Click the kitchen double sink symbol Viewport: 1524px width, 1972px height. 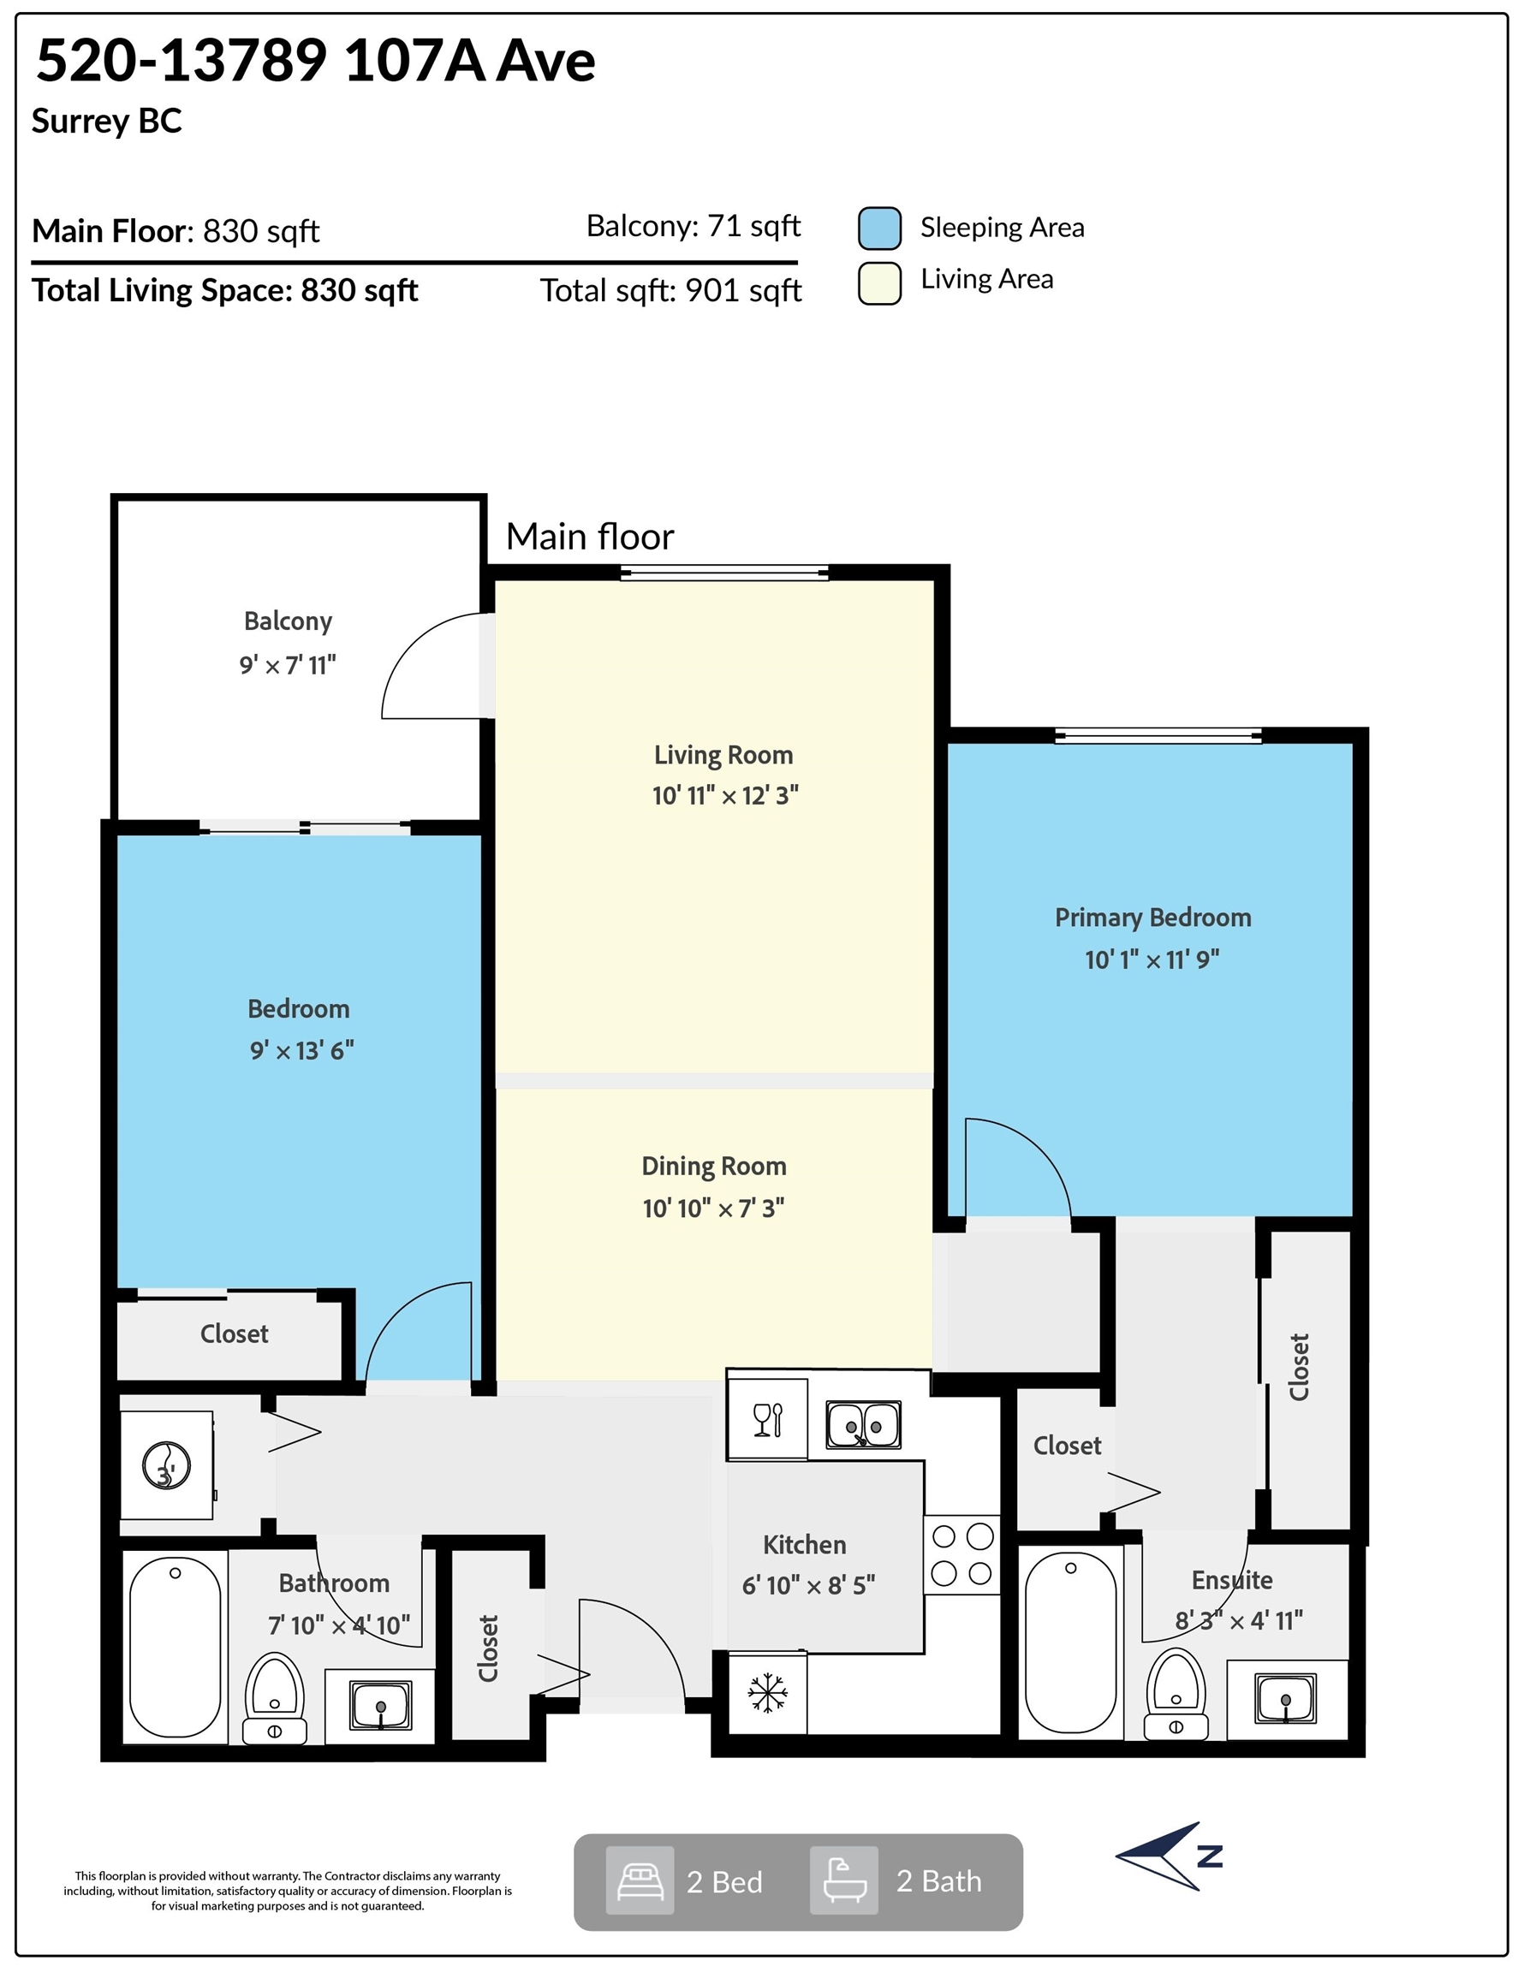864,1425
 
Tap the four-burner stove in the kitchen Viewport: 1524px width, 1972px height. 962,1555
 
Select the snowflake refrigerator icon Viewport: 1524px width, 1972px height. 767,1693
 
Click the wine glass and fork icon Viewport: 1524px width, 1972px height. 768,1420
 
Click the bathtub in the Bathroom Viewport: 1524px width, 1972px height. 176,1646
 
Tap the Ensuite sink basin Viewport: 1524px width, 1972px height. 1285,1697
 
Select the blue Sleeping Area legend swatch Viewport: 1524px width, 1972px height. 879,229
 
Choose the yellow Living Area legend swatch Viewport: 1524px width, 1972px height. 879,283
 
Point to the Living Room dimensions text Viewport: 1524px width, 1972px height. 725,795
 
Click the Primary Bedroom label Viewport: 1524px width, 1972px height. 1152,918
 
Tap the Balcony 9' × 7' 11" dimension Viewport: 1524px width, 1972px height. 288,665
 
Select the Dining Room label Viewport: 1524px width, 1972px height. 714,1167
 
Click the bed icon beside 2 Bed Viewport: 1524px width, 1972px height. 640,1882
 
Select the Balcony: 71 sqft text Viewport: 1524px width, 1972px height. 693,226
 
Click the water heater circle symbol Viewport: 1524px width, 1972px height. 166,1464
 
